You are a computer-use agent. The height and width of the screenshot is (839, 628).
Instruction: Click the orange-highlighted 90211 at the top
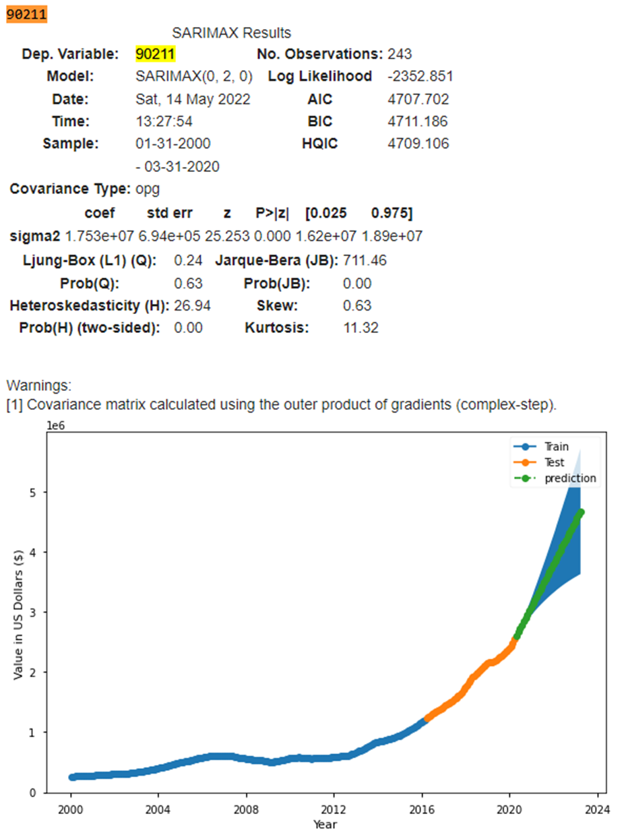(x=27, y=14)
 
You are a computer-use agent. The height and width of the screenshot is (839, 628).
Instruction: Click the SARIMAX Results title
(x=231, y=32)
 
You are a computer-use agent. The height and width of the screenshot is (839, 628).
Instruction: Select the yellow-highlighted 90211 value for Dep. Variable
(x=156, y=54)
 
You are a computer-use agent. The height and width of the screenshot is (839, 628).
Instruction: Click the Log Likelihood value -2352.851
(x=420, y=76)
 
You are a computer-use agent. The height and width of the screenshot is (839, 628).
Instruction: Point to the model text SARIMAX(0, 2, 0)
(x=194, y=76)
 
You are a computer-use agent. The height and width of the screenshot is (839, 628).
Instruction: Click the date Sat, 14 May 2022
(x=193, y=99)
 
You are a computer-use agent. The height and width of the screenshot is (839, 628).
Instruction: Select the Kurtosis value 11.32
(x=361, y=328)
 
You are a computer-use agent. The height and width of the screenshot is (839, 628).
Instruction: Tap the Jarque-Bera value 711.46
(x=365, y=259)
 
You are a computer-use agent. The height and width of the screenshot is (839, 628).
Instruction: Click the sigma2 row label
(x=34, y=237)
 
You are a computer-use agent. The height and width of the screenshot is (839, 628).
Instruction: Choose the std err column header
(x=170, y=214)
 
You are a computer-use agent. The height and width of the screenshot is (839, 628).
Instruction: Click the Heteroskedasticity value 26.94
(x=192, y=305)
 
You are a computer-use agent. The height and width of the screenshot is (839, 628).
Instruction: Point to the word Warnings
(x=38, y=386)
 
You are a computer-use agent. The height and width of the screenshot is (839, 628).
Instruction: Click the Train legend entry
(x=556, y=447)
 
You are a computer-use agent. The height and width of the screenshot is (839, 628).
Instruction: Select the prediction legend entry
(x=570, y=478)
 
